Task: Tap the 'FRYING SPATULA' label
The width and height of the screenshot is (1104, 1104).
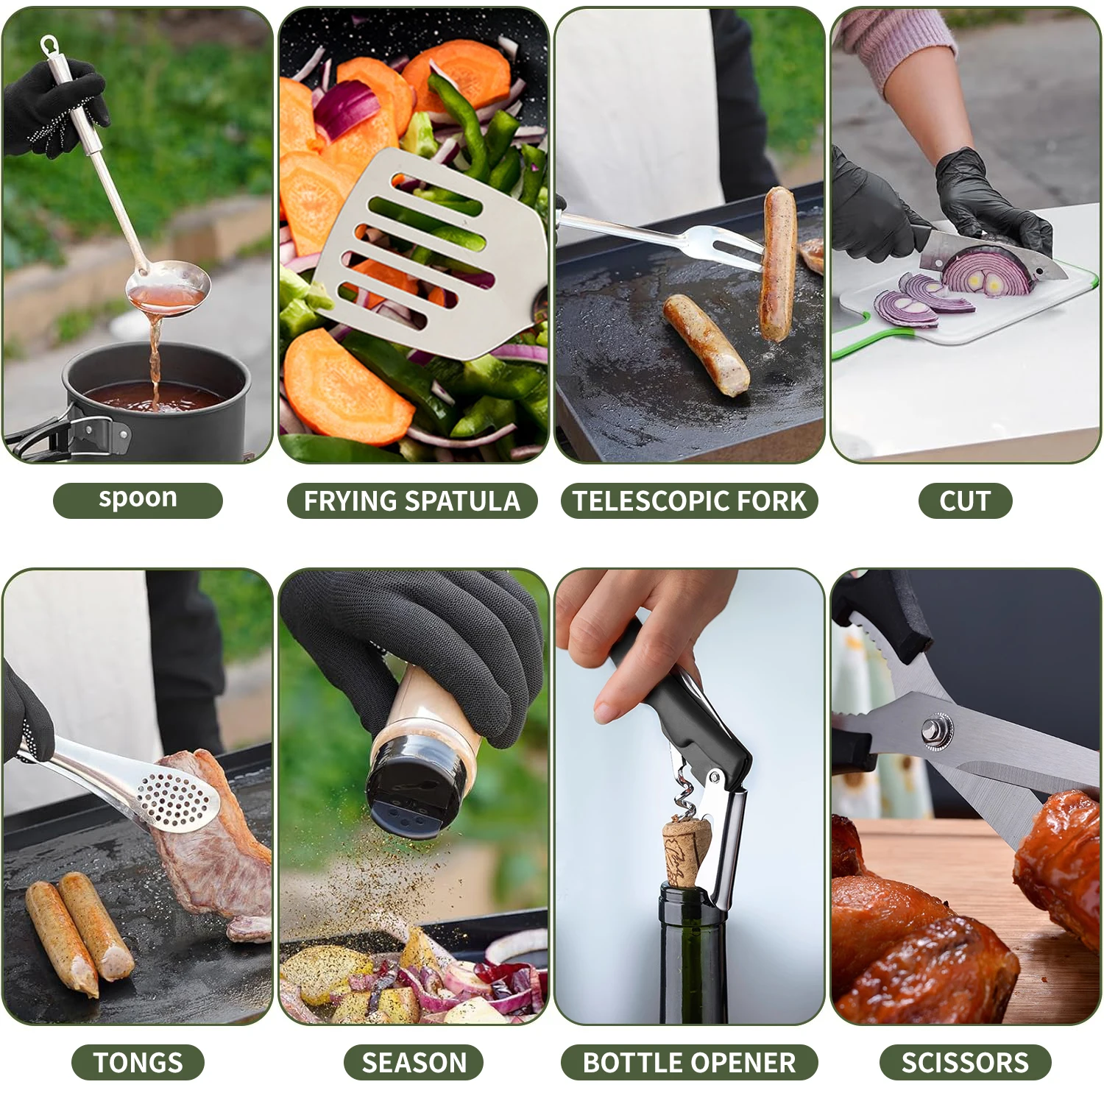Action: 412,500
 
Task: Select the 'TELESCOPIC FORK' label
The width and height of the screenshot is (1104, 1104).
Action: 690,500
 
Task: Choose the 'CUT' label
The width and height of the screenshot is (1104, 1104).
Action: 965,500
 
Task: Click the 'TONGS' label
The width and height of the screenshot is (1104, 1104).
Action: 138,1062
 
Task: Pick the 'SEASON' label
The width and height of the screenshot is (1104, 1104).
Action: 414,1062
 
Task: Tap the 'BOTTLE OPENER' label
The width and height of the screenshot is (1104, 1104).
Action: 690,1062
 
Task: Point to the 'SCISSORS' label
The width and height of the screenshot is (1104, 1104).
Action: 965,1062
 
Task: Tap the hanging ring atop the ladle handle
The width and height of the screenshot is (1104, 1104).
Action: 49,46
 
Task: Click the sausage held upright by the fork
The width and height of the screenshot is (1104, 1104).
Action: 777,263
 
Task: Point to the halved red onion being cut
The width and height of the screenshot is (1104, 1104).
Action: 986,271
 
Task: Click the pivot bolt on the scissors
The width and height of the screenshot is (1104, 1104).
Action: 937,732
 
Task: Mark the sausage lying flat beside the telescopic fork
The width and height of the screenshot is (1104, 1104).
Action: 706,344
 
